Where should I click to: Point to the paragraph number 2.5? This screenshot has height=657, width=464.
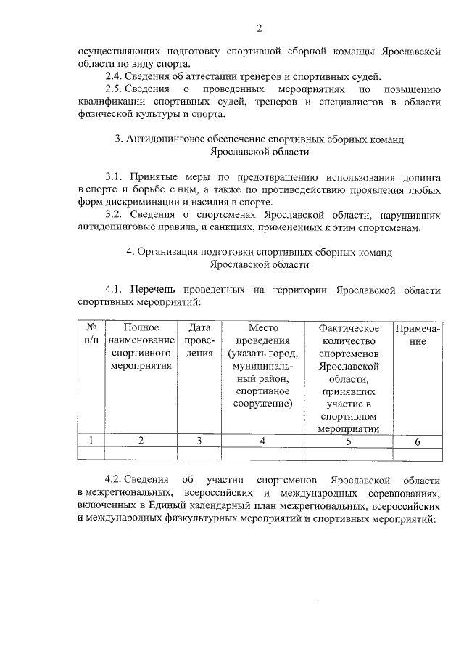point(114,89)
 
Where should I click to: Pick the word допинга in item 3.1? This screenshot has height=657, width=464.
point(423,177)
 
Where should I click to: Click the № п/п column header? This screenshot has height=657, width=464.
point(91,334)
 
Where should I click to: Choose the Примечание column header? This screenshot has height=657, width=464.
point(417,334)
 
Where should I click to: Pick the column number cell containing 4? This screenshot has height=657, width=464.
point(262,441)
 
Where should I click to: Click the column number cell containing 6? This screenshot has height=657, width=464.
point(417,441)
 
